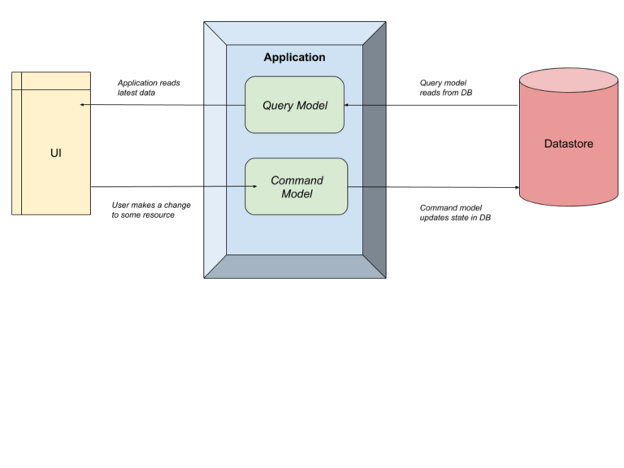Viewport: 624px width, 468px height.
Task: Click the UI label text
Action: (x=55, y=153)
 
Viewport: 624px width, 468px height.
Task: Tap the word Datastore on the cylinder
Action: (x=569, y=144)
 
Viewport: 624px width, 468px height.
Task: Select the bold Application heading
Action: (x=294, y=58)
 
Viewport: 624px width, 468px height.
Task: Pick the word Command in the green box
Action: (x=297, y=180)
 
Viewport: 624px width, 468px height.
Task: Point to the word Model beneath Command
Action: (x=297, y=194)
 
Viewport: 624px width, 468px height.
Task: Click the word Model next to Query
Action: (x=312, y=106)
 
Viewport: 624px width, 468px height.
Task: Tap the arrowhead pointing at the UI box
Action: (x=82, y=105)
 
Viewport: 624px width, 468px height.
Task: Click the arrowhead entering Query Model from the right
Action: (x=347, y=105)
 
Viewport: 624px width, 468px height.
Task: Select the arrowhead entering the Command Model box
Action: (x=254, y=186)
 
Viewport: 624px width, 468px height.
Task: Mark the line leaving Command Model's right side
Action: (x=366, y=187)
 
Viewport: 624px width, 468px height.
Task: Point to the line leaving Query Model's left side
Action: (x=223, y=105)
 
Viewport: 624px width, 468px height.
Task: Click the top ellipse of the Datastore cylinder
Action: (x=569, y=80)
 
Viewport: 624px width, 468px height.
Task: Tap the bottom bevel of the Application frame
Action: (x=294, y=266)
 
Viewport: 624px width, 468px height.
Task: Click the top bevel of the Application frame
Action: (x=294, y=33)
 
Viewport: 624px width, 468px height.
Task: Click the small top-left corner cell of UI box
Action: (x=16, y=80)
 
